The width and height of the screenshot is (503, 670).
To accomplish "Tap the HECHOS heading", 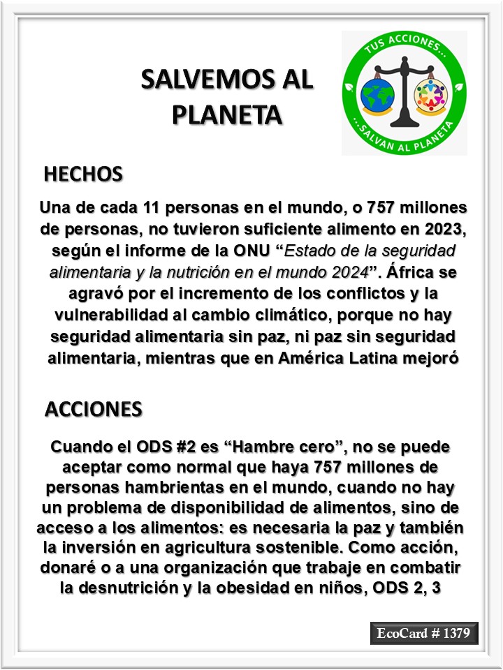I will [83, 174].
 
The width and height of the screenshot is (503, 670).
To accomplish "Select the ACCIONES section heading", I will [94, 409].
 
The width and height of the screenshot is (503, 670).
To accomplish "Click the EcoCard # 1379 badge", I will [424, 634].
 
